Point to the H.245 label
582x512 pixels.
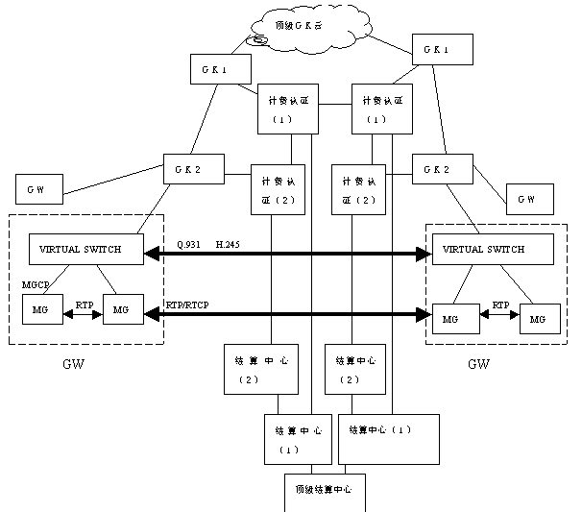[x=228, y=245]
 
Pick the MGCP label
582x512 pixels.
[x=36, y=285]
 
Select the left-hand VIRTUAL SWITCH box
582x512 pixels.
[x=81, y=250]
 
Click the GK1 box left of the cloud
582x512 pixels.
[x=221, y=69]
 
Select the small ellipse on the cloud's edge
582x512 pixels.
[x=256, y=41]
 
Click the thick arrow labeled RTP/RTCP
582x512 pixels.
[x=288, y=314]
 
